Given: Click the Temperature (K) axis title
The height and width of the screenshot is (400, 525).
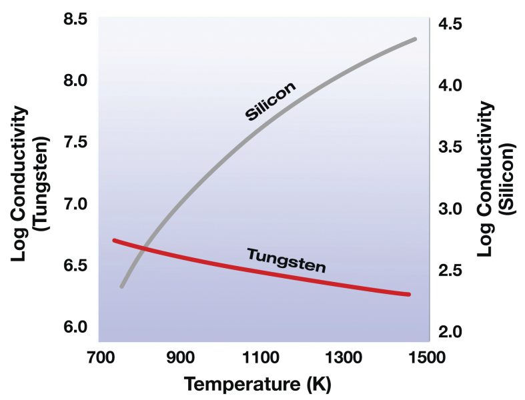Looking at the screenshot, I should tap(257, 384).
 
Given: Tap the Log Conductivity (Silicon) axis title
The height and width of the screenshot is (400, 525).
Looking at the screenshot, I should tap(496, 180).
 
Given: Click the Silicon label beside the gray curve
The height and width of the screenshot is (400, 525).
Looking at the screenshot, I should tap(270, 101).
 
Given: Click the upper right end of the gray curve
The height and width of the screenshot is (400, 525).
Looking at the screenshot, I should tap(415, 39).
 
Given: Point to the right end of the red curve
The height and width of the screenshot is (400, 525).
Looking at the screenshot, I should tap(408, 294).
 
